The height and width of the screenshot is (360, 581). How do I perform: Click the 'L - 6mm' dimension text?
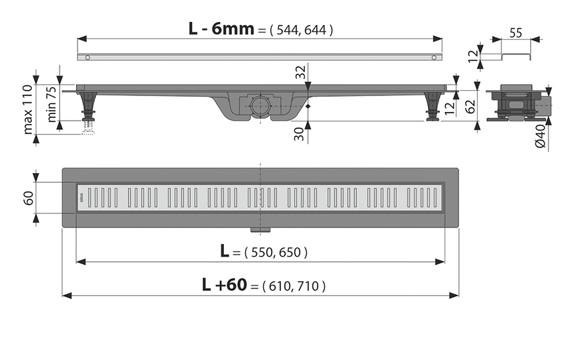pos(221,29)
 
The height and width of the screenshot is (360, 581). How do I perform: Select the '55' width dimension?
pos(515,33)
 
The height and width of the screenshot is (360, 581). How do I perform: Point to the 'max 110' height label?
pos(28,109)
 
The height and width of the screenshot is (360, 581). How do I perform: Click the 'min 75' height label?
pos(52,104)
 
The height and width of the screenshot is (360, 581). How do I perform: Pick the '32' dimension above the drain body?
pos(301,72)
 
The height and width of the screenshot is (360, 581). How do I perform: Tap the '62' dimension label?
pos(470,107)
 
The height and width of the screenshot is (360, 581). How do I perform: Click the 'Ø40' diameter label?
pos(541,137)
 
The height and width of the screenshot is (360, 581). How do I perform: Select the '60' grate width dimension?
pos(28,198)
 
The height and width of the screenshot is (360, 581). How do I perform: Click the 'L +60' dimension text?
pos(224,284)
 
